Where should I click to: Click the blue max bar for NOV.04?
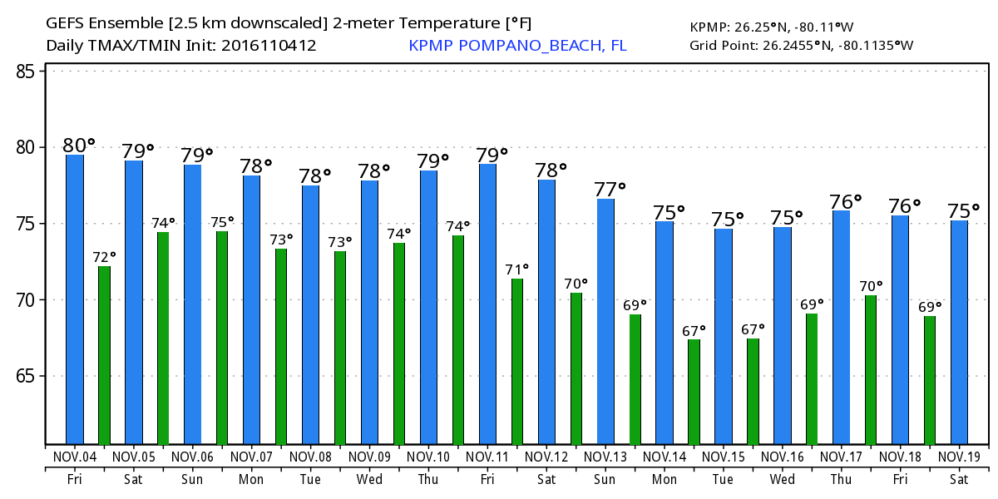click(x=75, y=299)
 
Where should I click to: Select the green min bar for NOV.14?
click(x=694, y=391)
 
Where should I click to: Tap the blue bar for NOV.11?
click(x=487, y=304)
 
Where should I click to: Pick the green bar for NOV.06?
click(x=222, y=337)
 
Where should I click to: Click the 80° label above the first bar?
click(x=79, y=146)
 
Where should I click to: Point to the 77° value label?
click(x=610, y=189)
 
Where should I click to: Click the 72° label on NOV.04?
click(x=104, y=257)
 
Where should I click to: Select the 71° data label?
click(x=516, y=269)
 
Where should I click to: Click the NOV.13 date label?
click(x=605, y=457)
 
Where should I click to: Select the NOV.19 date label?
click(x=959, y=457)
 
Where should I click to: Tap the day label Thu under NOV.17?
click(x=841, y=480)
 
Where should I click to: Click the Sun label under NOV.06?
click(x=192, y=480)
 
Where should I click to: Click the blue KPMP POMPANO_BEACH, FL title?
click(x=517, y=45)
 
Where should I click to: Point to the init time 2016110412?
click(x=269, y=45)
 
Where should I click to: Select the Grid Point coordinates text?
click(x=802, y=45)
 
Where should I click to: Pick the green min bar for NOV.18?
click(x=930, y=380)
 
